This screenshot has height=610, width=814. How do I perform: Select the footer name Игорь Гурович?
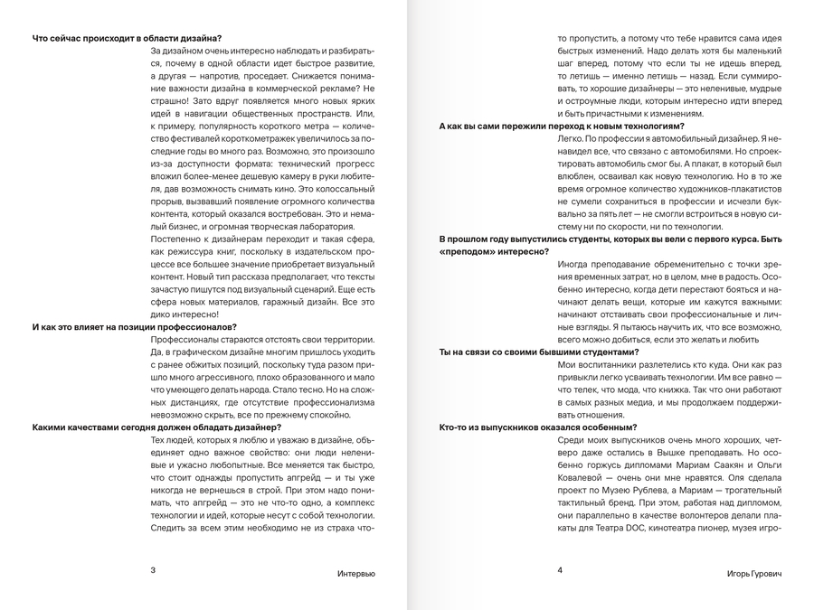point(754,573)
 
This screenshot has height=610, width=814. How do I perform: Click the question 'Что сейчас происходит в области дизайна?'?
point(127,38)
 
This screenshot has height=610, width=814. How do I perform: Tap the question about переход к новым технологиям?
point(561,126)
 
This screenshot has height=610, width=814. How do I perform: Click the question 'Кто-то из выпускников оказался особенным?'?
point(538,427)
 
